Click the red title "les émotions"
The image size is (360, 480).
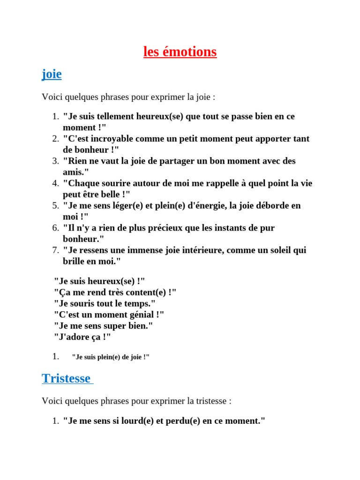click(180, 52)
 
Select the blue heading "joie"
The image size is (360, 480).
click(52, 74)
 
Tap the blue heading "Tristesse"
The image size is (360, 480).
click(66, 378)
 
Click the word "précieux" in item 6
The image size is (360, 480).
click(157, 228)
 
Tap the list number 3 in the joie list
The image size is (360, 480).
click(55, 161)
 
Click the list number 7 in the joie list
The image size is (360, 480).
click(55, 250)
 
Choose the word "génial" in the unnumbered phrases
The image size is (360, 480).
click(139, 315)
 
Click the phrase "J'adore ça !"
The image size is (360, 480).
click(82, 337)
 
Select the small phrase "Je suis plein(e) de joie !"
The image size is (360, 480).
click(111, 357)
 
